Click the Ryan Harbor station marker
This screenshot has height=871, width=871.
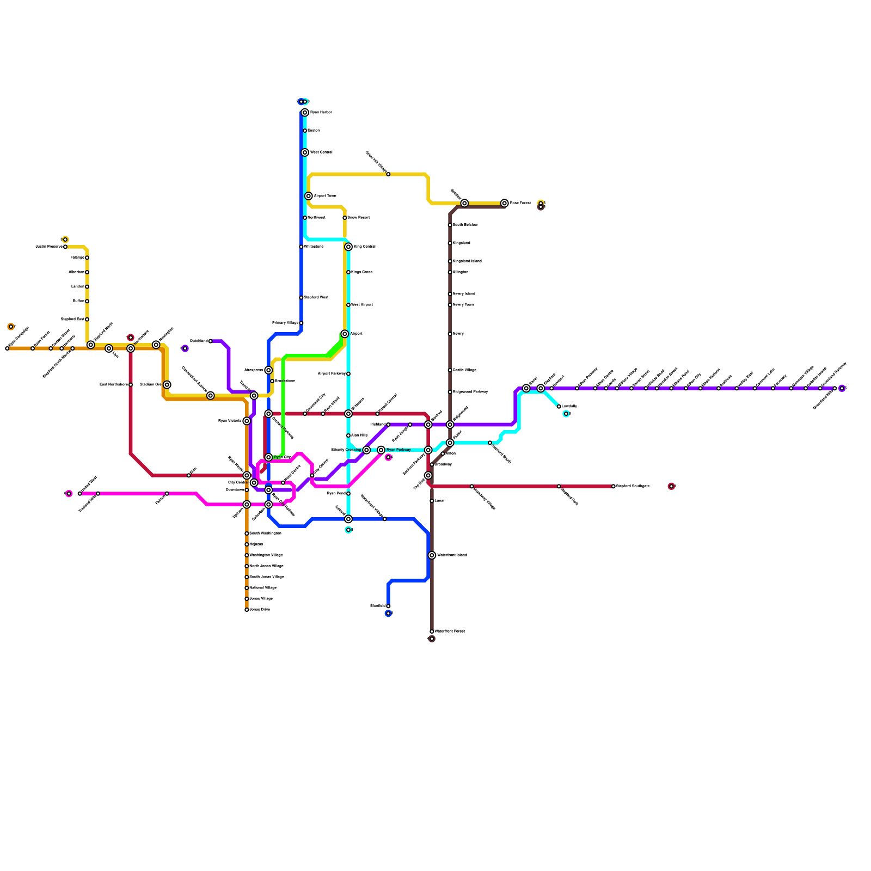pos(305,113)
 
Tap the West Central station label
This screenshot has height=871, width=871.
pos(321,152)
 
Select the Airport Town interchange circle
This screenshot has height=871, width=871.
pos(309,196)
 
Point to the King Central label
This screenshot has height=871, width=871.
pos(364,247)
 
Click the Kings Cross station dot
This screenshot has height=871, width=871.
pos(348,272)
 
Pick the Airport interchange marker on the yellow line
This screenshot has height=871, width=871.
pos(345,334)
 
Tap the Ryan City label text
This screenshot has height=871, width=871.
pos(282,457)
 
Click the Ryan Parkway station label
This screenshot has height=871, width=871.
pos(398,450)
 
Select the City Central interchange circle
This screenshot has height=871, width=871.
pos(254,483)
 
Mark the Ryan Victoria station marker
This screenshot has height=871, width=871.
pos(247,421)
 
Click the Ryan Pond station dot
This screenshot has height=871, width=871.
pos(348,494)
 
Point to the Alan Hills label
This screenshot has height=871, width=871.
pos(359,436)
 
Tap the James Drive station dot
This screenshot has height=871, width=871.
pos(247,610)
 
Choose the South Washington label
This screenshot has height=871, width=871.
pos(265,533)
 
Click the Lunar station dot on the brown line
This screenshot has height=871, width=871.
pos(432,501)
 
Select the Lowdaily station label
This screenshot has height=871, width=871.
pos(569,407)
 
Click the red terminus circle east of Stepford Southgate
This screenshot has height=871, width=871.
pos(671,486)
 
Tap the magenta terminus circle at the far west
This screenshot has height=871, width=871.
pos(69,494)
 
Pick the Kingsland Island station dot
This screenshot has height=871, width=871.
pos(450,261)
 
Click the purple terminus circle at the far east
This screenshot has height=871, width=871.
pos(842,388)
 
